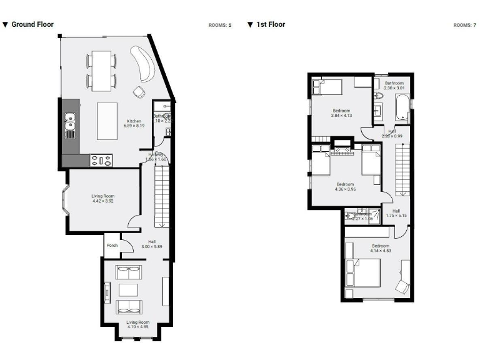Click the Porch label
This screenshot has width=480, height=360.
[112, 246]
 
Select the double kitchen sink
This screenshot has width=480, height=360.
[70, 125]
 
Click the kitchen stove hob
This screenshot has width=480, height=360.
[101, 161]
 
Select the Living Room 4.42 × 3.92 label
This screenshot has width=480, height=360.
[103, 199]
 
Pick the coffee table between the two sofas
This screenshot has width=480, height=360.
[128, 289]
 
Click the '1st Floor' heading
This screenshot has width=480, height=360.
[270, 24]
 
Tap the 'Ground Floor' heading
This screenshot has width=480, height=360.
[32, 24]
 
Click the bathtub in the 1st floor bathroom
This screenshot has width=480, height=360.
[401, 107]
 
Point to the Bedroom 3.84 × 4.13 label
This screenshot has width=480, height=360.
[341, 113]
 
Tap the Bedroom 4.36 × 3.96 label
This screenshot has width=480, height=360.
[346, 187]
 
